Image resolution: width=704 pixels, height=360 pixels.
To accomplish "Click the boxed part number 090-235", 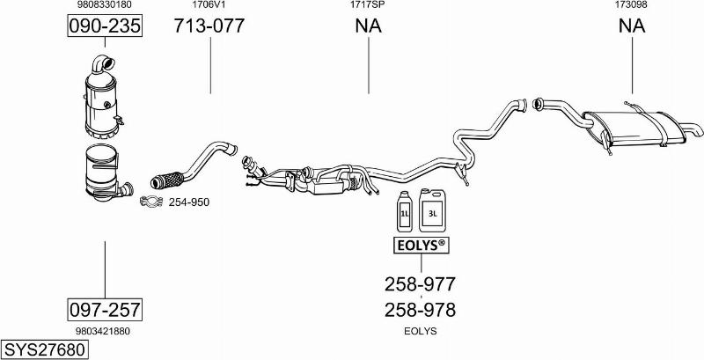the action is [105, 26].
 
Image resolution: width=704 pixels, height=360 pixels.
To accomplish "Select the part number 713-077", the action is [209, 26].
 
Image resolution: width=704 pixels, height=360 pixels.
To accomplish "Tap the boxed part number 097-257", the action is [105, 310].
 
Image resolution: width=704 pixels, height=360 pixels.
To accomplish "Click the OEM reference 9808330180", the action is [105, 5].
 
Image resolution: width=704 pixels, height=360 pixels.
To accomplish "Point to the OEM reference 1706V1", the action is [209, 5].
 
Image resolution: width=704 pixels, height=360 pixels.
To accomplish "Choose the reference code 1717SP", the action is [368, 5].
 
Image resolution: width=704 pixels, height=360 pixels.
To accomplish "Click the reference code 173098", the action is [631, 5].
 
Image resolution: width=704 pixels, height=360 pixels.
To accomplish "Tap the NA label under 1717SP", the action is [368, 26].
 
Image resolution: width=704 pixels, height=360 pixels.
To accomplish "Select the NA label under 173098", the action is [632, 26].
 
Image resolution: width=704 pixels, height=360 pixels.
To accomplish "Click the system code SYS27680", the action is [45, 349].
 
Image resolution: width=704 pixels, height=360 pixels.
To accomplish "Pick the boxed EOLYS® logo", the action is [422, 245].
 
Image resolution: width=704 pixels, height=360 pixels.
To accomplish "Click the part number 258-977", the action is [421, 283].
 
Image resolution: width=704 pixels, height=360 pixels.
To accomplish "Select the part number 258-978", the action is [421, 310].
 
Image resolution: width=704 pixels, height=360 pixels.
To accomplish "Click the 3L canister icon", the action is [432, 210].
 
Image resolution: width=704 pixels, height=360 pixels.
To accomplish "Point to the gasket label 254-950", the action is [189, 202].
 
